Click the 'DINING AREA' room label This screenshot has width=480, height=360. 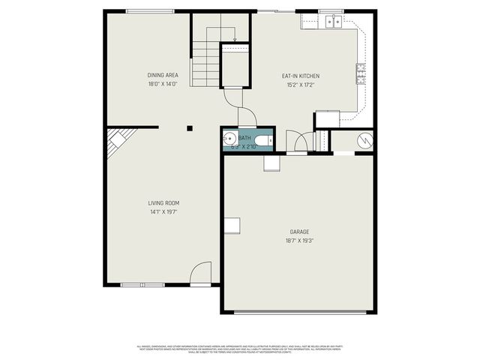point(162,75)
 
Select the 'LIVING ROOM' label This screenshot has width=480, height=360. point(162,202)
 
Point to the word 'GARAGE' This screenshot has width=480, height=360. point(299,232)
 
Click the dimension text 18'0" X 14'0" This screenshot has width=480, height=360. point(162,85)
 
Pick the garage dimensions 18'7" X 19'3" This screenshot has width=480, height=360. point(299,241)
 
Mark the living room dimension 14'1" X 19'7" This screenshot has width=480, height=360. point(162,212)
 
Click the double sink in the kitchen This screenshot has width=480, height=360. point(332,22)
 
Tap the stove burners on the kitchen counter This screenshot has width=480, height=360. point(361,71)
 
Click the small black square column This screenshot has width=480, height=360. point(190,128)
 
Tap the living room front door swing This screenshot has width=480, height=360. point(201,274)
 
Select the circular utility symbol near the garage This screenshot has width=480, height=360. point(363,140)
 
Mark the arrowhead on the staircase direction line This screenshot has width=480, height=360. point(235,39)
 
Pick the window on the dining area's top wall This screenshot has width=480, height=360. point(150,11)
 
